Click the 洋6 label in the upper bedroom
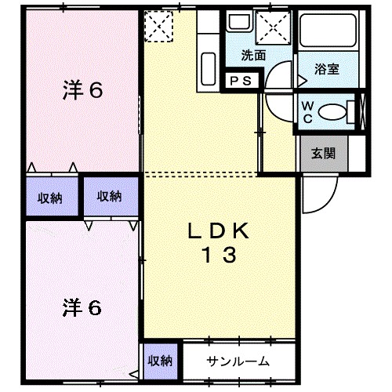coord(82,91)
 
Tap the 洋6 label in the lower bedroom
coord(82,307)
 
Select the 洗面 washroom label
coord(252,56)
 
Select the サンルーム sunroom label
coord(238,361)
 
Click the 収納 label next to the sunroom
coord(160,361)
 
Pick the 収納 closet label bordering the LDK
coord(109,197)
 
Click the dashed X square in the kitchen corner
coord(159,27)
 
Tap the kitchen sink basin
coord(209,62)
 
